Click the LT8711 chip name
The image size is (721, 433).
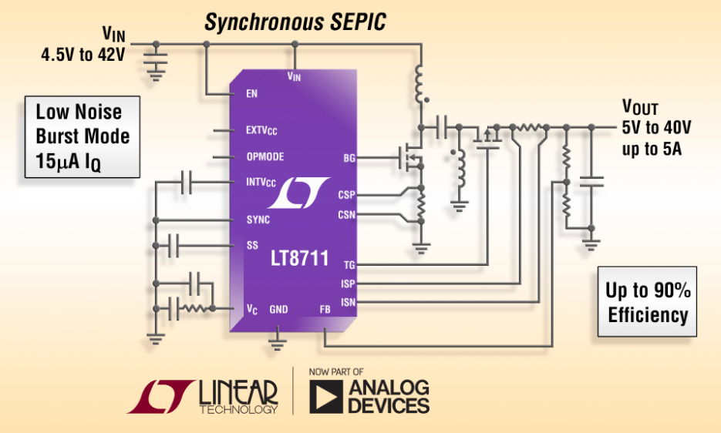[299, 258]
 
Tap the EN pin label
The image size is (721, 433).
[251, 94]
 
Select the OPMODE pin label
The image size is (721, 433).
[264, 156]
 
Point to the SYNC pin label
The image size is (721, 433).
[258, 220]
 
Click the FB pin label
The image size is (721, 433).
[325, 310]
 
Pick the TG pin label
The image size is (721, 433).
[349, 265]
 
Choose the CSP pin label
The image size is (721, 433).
[346, 195]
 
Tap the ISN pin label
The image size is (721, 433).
[348, 303]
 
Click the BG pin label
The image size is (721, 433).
[349, 158]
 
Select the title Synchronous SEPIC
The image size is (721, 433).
[295, 22]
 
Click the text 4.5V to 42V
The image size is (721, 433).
[83, 55]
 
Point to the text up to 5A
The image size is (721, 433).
[652, 149]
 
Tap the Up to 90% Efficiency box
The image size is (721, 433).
[648, 301]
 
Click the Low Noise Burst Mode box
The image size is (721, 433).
[83, 136]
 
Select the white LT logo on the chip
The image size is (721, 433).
[298, 193]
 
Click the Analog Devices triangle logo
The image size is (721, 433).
[326, 396]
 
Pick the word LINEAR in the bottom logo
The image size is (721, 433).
[238, 392]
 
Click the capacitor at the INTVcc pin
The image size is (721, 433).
[187, 182]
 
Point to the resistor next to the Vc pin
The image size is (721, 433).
[195, 308]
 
